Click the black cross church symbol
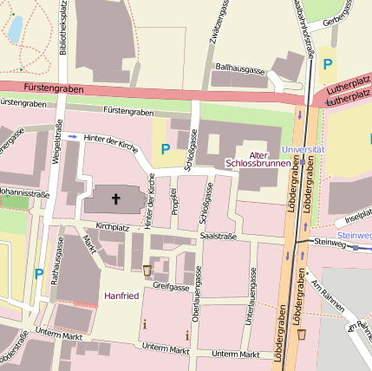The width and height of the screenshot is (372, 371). [115, 200]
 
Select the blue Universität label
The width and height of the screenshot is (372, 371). [303, 149]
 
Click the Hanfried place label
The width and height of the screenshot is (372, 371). [121, 296]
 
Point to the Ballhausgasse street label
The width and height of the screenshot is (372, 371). [239, 68]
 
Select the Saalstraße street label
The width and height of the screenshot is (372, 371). [218, 235]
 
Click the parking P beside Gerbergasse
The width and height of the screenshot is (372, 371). [328, 63]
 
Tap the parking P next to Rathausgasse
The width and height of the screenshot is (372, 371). [38, 274]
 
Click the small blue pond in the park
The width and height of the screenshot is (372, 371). [15, 29]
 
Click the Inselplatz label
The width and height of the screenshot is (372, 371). [357, 218]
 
